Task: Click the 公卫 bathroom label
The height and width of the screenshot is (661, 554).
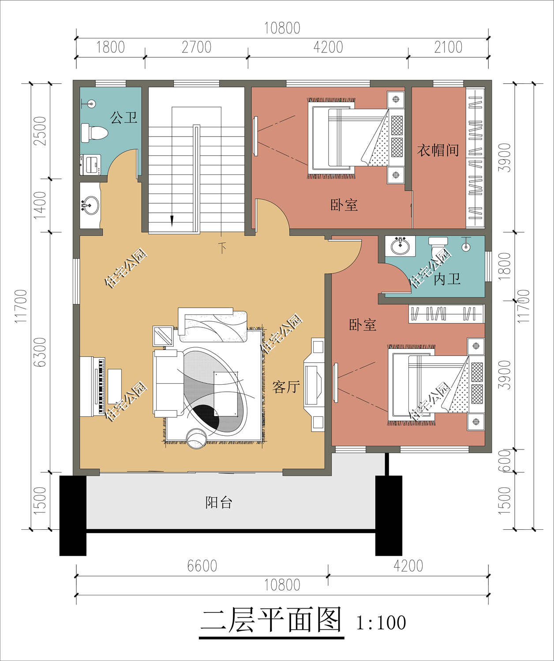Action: tap(124, 118)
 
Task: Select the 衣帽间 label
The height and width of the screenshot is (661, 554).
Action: tap(438, 150)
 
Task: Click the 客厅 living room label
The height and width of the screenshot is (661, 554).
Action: tap(286, 387)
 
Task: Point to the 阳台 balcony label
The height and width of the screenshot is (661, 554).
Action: tap(219, 502)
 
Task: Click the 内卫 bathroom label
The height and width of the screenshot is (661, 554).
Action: tap(447, 279)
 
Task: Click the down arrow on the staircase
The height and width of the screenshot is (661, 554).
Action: tap(172, 221)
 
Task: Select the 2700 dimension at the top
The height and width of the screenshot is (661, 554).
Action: tap(196, 47)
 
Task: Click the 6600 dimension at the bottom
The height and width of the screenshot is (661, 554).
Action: tap(202, 566)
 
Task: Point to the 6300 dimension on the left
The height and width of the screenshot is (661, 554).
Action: tap(40, 353)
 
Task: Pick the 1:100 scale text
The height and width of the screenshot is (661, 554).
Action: tap(381, 623)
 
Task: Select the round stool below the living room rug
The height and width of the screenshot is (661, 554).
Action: tap(196, 439)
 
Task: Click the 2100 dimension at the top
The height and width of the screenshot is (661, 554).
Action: tap(448, 47)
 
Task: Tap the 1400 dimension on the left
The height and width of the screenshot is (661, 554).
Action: tap(40, 205)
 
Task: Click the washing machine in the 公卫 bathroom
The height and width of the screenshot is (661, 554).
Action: tap(91, 164)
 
